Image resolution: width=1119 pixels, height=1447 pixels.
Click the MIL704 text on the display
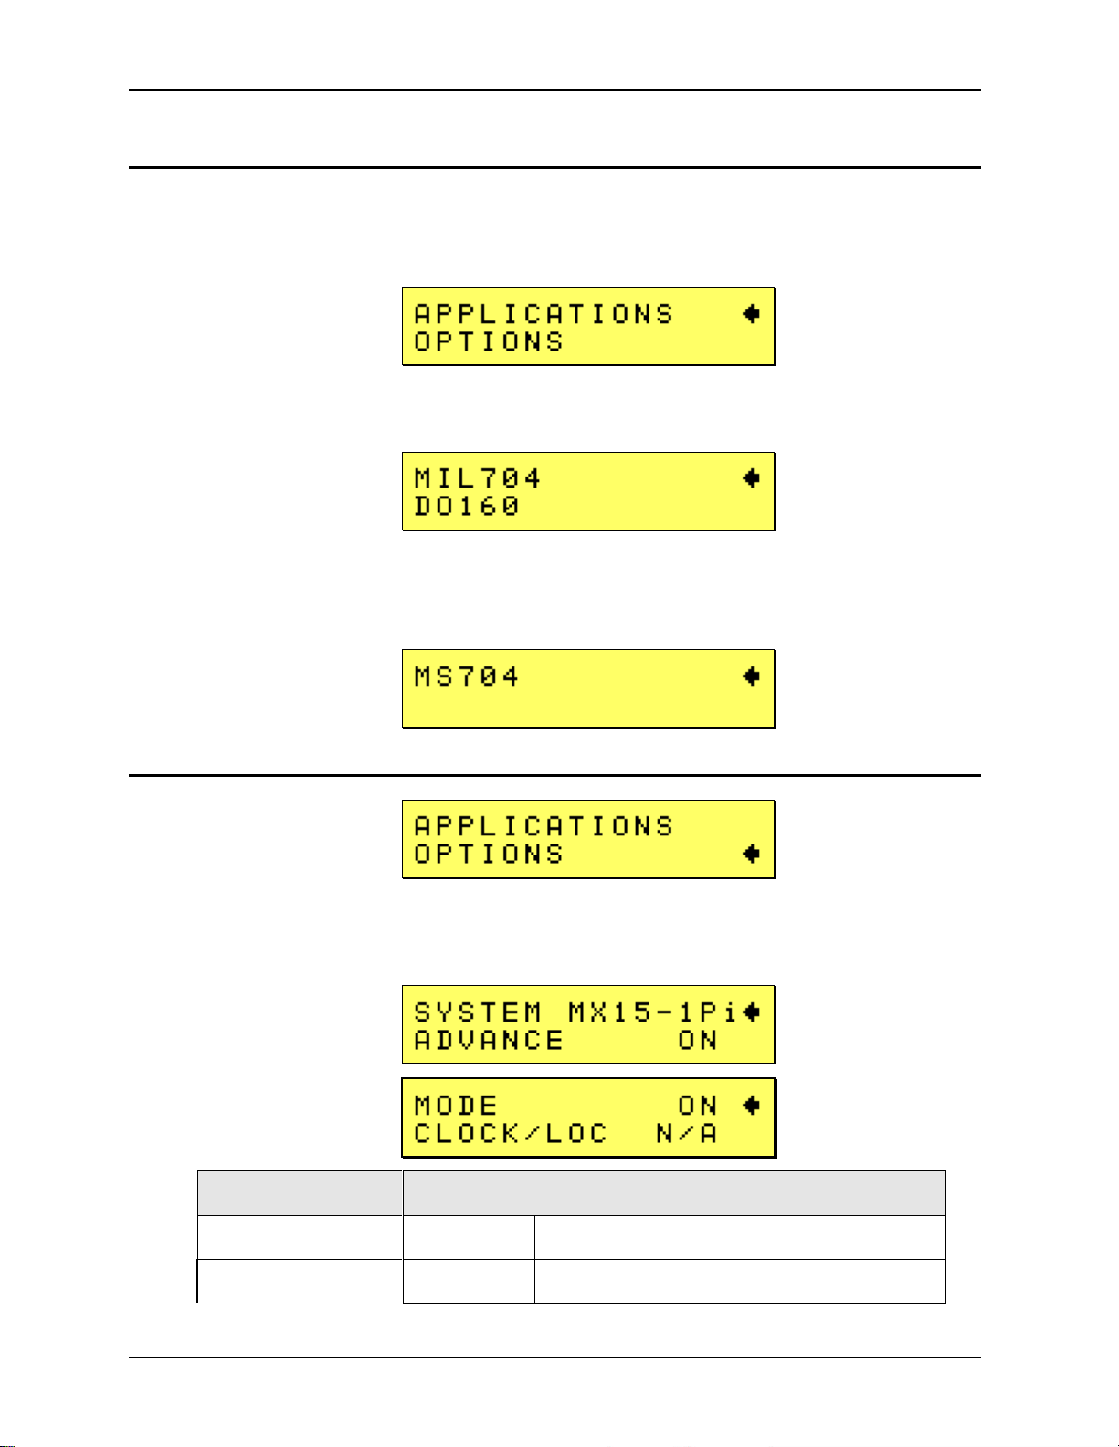click(477, 478)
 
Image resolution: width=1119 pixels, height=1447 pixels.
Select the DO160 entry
click(467, 506)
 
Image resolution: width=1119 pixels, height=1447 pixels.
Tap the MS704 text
click(467, 676)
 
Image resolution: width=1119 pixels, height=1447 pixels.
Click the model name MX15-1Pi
click(651, 1012)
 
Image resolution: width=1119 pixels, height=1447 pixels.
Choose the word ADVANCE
click(489, 1040)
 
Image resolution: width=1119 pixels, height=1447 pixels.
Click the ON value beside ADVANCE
click(697, 1040)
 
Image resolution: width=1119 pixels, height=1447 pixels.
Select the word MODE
click(456, 1106)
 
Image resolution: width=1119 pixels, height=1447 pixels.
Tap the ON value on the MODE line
click(697, 1106)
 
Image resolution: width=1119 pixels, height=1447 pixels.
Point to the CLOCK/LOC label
click(511, 1134)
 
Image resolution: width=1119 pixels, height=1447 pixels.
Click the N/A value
click(686, 1134)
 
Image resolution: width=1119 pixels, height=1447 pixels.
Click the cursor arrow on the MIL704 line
click(751, 478)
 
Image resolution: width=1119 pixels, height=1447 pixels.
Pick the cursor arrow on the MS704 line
click(751, 676)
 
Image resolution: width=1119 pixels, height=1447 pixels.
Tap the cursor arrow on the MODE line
click(751, 1106)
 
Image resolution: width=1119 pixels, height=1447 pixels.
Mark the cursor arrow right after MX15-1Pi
click(751, 1012)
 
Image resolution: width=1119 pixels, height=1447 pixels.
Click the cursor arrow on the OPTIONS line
click(751, 854)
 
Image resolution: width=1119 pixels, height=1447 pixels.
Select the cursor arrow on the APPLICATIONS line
click(751, 314)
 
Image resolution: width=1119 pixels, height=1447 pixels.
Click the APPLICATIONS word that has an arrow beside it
click(544, 314)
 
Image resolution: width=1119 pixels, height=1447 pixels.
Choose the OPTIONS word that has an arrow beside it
click(489, 855)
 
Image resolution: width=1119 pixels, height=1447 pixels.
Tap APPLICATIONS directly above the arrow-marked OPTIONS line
click(544, 826)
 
